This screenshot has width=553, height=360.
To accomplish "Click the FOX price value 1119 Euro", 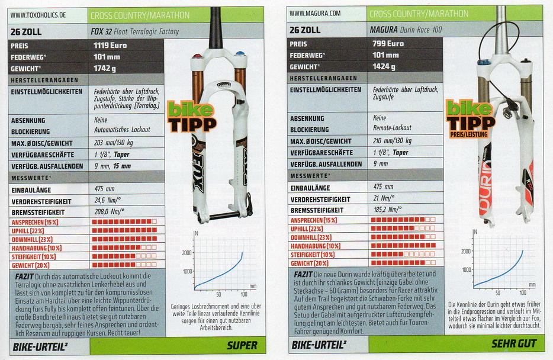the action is [110, 45].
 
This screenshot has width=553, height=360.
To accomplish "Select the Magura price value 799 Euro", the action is [388, 43].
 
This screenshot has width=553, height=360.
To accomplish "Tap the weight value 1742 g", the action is [105, 69].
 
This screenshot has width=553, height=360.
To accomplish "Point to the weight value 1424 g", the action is [384, 66].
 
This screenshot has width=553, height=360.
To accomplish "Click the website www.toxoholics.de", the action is [38, 15].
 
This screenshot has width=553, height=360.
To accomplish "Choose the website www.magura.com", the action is [315, 14].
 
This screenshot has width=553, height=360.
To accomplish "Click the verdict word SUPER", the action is [242, 346].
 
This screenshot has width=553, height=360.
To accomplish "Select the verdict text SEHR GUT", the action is [514, 343].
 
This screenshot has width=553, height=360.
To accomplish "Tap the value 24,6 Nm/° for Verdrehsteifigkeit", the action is [108, 200].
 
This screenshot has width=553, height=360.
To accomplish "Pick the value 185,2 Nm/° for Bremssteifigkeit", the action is [387, 210].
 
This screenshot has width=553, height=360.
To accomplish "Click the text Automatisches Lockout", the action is [122, 130].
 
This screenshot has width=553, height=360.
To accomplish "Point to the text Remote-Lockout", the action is [392, 128].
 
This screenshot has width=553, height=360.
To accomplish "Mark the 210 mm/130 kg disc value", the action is [392, 141].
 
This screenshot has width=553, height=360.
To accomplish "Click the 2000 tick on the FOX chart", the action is [187, 253].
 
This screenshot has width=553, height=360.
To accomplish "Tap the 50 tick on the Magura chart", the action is [497, 292].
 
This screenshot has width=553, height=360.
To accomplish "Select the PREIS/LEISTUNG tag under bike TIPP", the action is [469, 134].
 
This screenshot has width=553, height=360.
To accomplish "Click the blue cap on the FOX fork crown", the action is [240, 54].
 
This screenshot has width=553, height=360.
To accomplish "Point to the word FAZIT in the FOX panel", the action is [24, 277].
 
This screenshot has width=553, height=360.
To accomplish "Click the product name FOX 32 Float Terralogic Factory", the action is [135, 32].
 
